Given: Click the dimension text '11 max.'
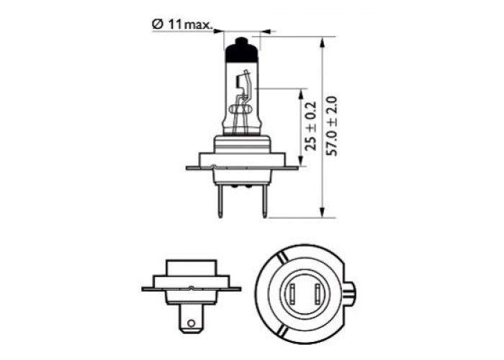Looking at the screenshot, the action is coord(189,24).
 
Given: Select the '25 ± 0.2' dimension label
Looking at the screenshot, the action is coord(311,126).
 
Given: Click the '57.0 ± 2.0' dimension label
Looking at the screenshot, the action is coord(331,126).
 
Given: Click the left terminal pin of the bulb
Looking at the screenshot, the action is coord(220,201).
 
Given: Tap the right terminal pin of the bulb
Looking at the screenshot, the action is coord(265,201).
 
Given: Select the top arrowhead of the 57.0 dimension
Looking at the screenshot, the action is coord(323,42).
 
